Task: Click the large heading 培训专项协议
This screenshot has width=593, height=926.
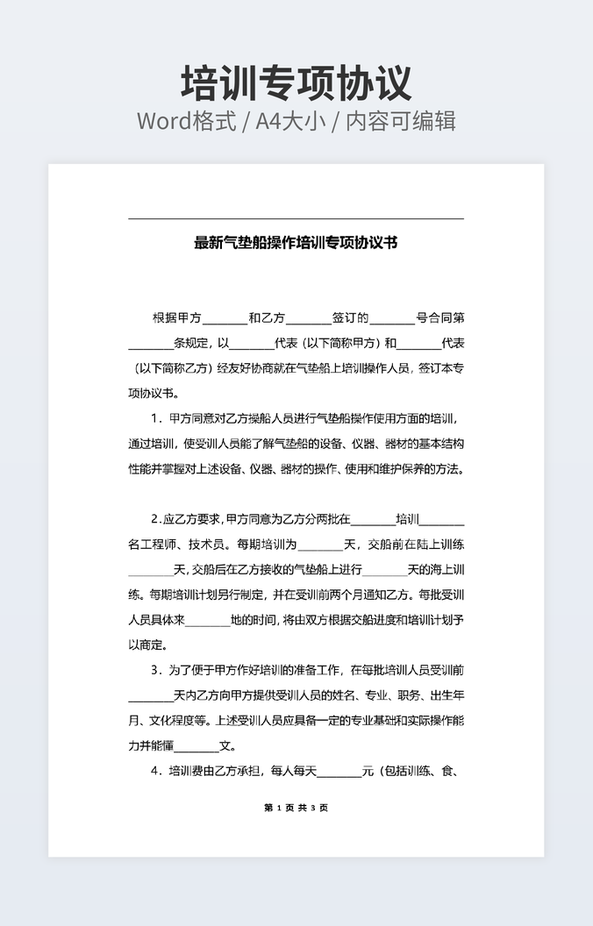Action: click(x=296, y=83)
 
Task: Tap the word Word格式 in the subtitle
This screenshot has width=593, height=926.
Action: click(x=187, y=121)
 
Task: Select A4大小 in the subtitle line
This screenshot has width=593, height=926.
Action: click(x=290, y=121)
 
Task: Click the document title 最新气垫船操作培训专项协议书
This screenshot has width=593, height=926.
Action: click(x=296, y=243)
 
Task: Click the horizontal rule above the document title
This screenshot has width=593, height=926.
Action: click(x=296, y=218)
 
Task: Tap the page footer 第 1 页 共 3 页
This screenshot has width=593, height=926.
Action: click(x=296, y=808)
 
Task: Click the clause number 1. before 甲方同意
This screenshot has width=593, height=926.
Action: click(x=157, y=418)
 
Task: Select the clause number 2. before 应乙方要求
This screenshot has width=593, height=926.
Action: click(x=156, y=518)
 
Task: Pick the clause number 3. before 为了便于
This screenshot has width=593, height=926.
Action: click(x=157, y=670)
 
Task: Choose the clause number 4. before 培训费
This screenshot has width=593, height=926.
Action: click(x=157, y=772)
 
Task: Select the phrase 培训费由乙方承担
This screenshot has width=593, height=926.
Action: click(x=214, y=772)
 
